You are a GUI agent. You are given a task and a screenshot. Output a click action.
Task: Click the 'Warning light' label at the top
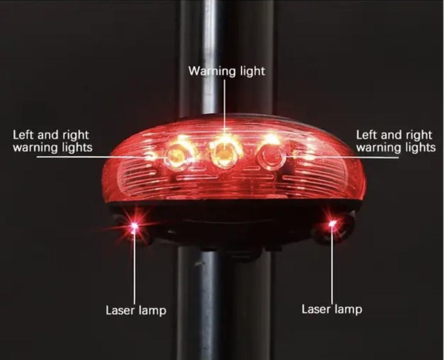coord(227,71)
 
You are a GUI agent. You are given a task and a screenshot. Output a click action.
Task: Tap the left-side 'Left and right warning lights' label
coord(52,141)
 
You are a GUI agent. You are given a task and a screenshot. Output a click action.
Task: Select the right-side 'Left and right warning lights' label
coord(395,141)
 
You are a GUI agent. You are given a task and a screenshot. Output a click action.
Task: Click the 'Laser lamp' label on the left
coord(136,310)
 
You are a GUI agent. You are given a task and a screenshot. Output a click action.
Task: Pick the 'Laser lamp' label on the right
coord(332,309)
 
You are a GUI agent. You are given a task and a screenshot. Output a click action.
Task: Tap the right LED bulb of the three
coord(271,156)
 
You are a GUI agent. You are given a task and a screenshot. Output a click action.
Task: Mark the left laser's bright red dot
coord(134,225)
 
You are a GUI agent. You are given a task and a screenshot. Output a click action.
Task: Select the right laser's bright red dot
coord(333,223)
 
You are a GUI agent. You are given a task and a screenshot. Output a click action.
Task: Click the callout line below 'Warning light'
coord(225,107)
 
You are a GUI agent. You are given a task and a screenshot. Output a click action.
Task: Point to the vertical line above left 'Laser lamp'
coord(134,267)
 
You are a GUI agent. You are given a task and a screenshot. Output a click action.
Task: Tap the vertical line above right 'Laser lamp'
coord(332,267)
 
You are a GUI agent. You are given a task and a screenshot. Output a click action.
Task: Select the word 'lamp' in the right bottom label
coord(349,309)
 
